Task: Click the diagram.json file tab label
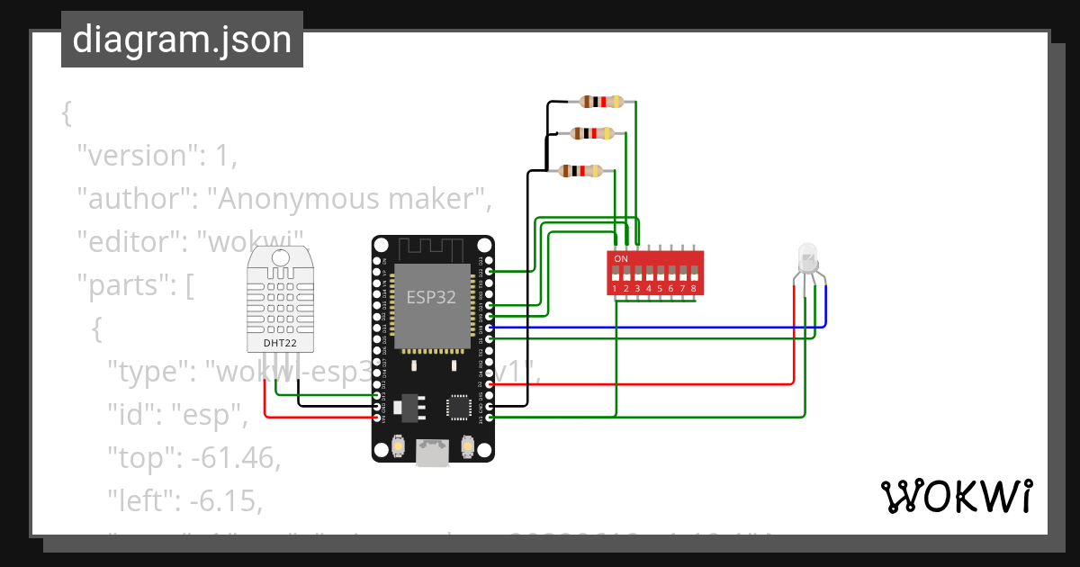click(182, 40)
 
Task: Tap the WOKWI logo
click(955, 496)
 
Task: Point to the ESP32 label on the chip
click(431, 298)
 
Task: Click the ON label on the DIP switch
click(621, 259)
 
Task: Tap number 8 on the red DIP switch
click(693, 289)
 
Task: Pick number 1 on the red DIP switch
click(615, 289)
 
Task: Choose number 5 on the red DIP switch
click(660, 289)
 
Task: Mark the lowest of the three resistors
click(580, 170)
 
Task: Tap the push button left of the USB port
click(397, 445)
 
